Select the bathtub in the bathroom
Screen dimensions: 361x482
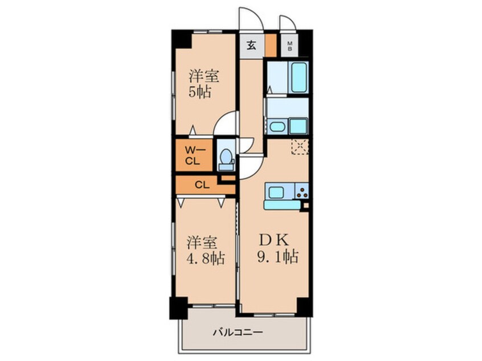tap(299, 78)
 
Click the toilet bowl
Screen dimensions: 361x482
tap(226, 157)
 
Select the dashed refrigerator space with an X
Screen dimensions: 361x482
tap(299, 147)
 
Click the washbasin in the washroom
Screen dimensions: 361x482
tap(277, 126)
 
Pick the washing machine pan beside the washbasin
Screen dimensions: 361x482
tap(297, 125)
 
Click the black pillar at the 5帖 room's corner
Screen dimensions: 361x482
tap(182, 38)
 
